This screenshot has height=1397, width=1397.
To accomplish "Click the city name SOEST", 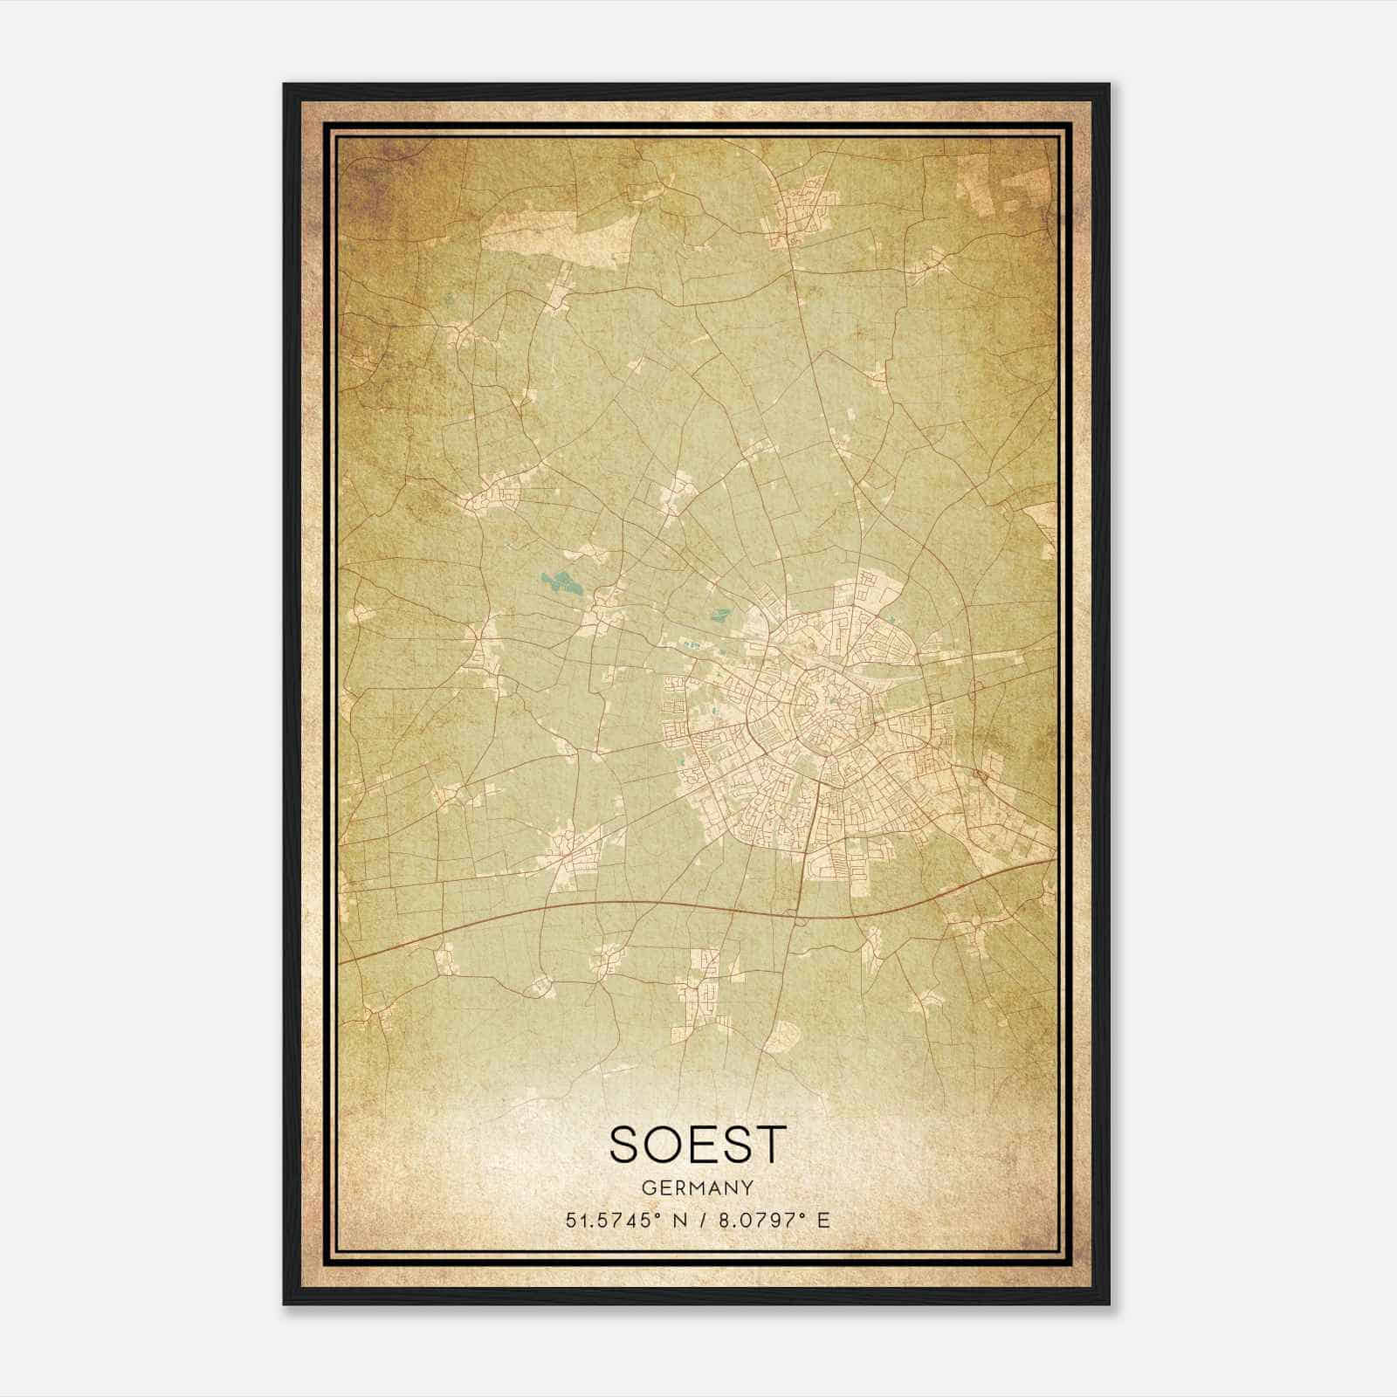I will (698, 1145).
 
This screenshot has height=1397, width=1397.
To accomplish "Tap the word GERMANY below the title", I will (698, 1187).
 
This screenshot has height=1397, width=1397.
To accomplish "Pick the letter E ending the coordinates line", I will (822, 1220).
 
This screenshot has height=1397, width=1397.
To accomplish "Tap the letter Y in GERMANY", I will (748, 1187).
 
